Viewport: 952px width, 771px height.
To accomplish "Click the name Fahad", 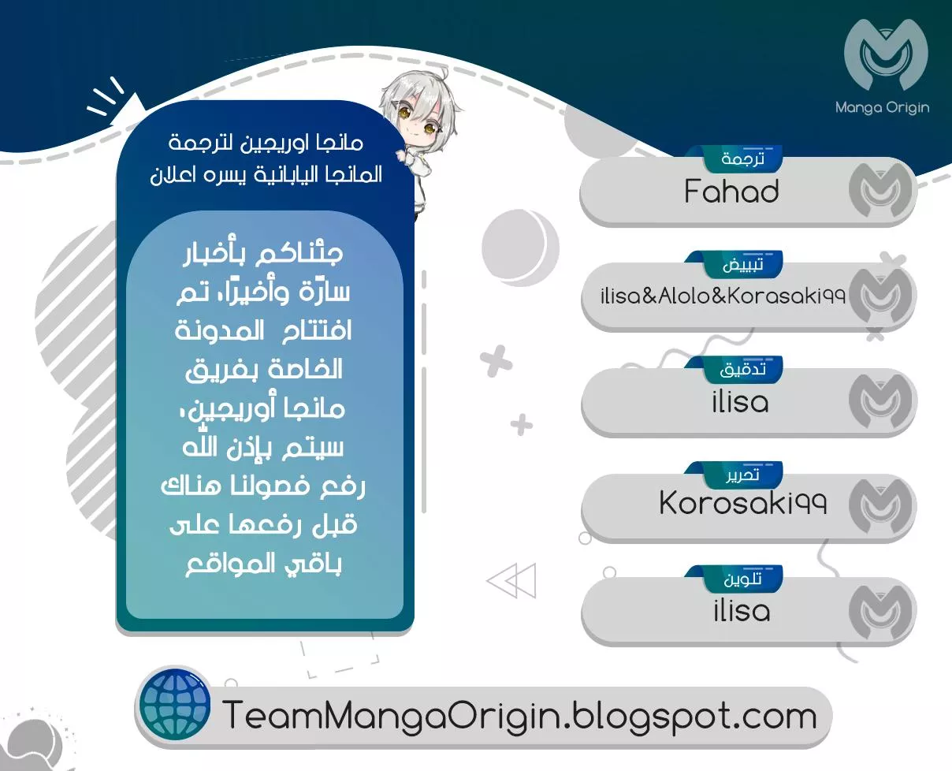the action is tap(731, 192).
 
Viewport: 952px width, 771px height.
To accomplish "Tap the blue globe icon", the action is tap(175, 706).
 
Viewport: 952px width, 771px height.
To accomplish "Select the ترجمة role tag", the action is tap(742, 158).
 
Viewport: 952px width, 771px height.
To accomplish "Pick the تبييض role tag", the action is tap(742, 265).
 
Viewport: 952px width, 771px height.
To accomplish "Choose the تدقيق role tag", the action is tap(742, 370).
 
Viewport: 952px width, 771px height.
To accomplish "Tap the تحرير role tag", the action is tap(742, 475).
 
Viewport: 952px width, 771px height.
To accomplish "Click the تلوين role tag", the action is tap(742, 579).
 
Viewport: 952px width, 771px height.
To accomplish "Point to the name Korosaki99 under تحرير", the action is tap(743, 503).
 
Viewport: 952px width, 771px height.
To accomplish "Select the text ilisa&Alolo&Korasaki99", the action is tap(723, 296).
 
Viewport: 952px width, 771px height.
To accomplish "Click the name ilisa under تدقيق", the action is tap(741, 401).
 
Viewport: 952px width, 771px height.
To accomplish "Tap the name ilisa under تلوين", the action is tap(742, 610).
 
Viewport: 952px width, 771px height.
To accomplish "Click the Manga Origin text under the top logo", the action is tap(883, 108).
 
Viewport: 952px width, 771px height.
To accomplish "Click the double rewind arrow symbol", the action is tap(511, 580).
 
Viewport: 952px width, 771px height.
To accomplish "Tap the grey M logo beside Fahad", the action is tap(879, 190).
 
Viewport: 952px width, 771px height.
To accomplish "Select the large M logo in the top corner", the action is tap(886, 54).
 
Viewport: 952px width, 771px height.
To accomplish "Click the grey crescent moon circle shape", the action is tap(520, 248).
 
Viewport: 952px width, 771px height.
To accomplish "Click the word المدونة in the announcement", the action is tap(219, 331).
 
